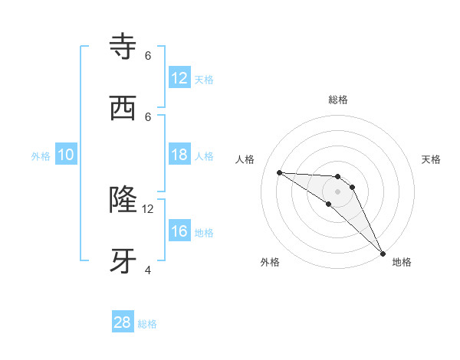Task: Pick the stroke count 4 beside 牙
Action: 148,270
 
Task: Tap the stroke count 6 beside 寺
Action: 148,56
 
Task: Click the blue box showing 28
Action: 123,322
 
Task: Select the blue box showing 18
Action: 179,155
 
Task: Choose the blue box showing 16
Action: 179,231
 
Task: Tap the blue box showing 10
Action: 66,155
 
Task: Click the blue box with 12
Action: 179,78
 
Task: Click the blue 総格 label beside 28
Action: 147,324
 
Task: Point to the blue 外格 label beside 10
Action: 41,156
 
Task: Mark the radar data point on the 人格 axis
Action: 279,172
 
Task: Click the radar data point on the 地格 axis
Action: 383,252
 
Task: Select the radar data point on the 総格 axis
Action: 338,177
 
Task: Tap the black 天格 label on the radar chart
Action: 431,159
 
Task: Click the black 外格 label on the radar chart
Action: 270,262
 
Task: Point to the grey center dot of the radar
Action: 338,191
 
